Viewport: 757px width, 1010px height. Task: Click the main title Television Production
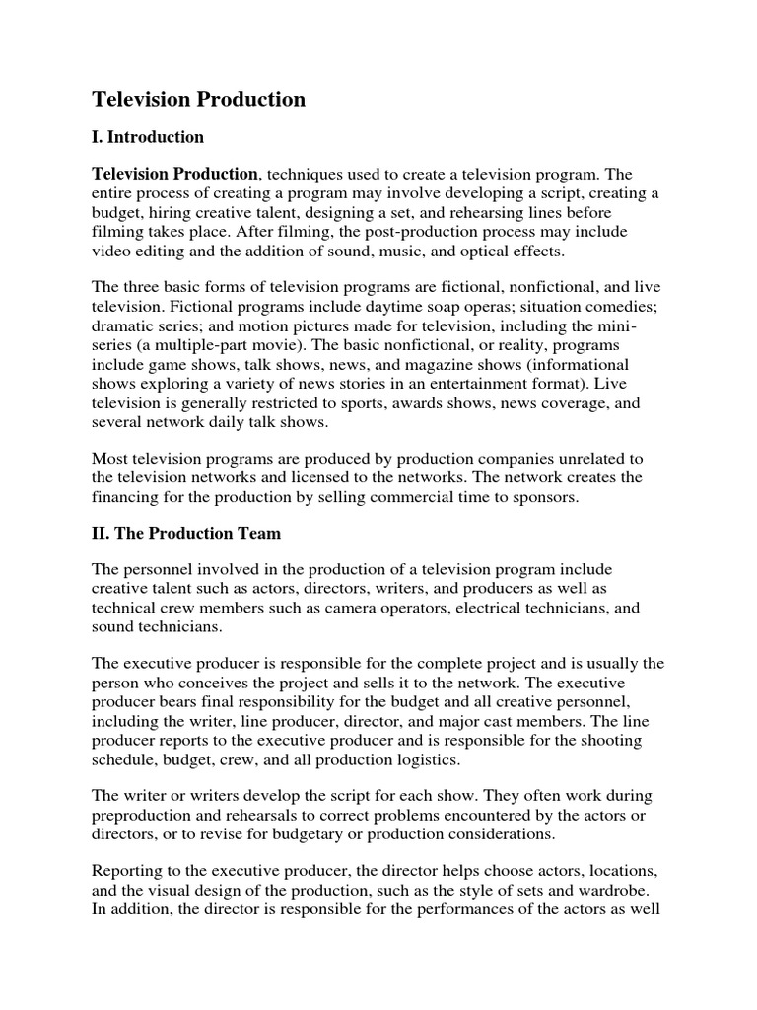198,100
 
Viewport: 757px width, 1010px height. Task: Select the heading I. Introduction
148,137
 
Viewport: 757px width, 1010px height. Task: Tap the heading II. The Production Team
186,533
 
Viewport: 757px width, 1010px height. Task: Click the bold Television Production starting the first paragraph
175,174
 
